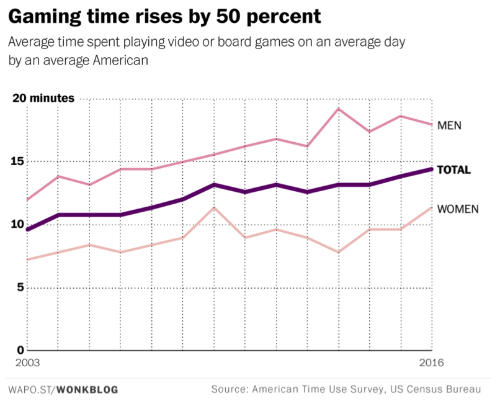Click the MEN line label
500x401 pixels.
[x=449, y=125]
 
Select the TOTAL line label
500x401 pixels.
[x=454, y=170]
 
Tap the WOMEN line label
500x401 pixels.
[x=458, y=209]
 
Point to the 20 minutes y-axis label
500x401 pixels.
[x=43, y=98]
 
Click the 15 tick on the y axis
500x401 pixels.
[x=19, y=161]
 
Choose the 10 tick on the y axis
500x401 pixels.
[x=19, y=225]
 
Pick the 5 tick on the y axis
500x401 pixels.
[x=22, y=288]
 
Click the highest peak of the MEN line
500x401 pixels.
[x=339, y=109]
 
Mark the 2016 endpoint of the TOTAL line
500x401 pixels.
[x=432, y=169]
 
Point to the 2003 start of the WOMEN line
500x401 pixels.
[x=27, y=259]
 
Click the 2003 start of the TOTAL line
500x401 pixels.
[x=27, y=230]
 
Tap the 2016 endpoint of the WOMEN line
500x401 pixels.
[x=432, y=207]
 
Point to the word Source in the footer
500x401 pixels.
[x=228, y=390]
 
